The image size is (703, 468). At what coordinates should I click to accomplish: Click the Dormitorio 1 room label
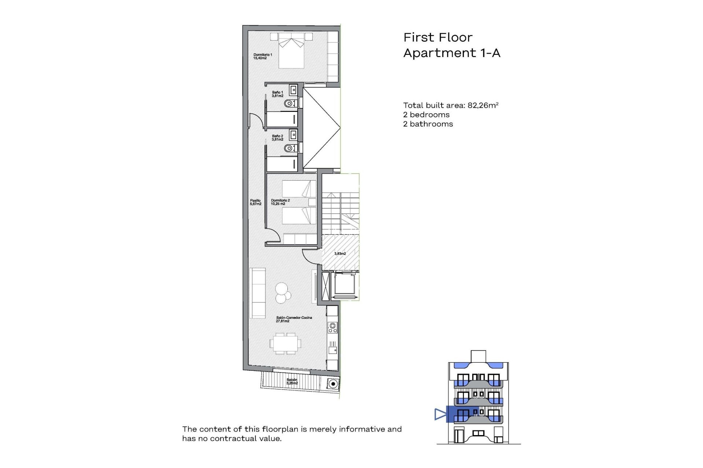coord(263,56)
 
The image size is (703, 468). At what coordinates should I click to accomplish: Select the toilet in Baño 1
coord(290,104)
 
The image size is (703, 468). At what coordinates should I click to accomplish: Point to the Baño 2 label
coord(278,137)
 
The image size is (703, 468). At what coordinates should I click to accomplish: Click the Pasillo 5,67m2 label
coord(256,202)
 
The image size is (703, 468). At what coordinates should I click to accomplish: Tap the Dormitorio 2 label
coord(280,202)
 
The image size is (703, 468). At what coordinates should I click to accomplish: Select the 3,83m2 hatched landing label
coord(340,253)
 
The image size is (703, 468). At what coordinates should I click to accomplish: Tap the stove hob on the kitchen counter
coord(332,327)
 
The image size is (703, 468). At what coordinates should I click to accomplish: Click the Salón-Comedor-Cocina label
coord(294,319)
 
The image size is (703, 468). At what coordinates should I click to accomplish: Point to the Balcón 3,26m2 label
coord(292,381)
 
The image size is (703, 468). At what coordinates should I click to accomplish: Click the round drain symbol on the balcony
coord(333,384)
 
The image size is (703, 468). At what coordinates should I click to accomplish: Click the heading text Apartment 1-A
coord(451,53)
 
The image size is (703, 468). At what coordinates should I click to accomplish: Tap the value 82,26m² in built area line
coord(483,105)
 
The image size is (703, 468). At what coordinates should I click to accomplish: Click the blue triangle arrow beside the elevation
coord(440,414)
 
